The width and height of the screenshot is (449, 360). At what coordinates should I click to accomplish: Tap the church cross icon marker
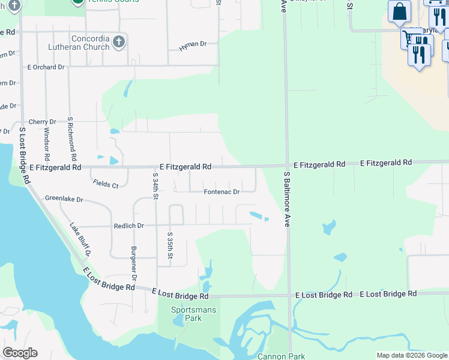point(119,41)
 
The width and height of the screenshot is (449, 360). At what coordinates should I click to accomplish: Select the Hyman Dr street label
point(191,44)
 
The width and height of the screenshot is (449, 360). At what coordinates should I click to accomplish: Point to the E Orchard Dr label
point(45,67)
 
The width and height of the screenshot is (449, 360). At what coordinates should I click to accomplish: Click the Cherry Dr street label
point(42,122)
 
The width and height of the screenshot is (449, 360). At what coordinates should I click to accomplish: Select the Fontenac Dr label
point(221,192)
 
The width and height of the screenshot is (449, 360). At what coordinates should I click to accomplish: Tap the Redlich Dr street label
point(129,226)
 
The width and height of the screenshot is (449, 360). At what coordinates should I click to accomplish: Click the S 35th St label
point(170,246)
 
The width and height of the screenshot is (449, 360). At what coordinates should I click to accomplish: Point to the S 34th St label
point(155,186)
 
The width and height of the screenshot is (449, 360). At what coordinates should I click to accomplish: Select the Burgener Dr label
point(134,263)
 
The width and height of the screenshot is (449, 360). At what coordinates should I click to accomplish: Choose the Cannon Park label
point(281,356)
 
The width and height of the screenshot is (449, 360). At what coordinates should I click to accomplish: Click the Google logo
point(20,353)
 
